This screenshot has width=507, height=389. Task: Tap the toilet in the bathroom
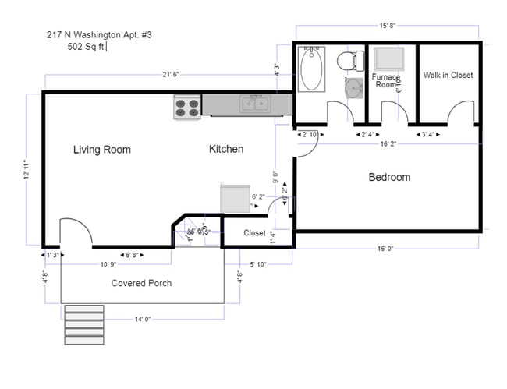point(348,60)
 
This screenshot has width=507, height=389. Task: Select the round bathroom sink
point(354,87)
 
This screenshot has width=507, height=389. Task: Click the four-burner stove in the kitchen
point(186,107)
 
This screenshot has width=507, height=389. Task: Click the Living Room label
point(102,150)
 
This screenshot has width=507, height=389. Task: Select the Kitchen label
point(226,149)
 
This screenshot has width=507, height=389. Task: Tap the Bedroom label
point(389,178)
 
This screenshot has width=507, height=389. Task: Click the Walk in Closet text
point(448,76)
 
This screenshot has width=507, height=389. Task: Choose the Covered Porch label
point(141,283)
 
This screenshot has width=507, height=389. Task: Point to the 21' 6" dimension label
point(172,75)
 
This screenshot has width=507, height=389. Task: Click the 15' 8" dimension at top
point(387,27)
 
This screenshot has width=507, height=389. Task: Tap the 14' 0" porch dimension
point(141,319)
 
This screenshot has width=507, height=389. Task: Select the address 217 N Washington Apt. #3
point(95,35)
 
